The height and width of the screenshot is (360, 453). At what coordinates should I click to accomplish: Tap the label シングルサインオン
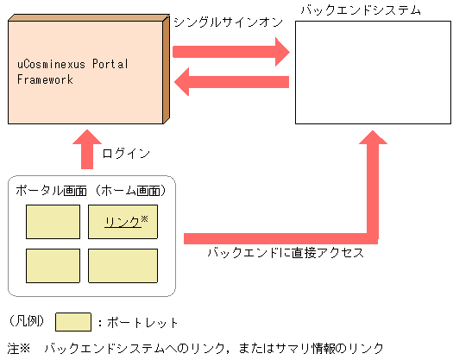click(x=228, y=22)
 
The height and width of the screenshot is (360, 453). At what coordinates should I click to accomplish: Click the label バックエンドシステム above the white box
click(x=360, y=9)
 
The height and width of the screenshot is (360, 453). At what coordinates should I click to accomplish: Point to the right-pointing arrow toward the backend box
click(x=231, y=54)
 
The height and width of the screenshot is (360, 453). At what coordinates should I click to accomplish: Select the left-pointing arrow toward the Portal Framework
click(x=231, y=83)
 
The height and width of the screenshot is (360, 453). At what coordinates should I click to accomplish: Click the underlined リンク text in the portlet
click(x=122, y=222)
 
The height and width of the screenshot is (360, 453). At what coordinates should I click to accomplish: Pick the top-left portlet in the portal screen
click(x=53, y=222)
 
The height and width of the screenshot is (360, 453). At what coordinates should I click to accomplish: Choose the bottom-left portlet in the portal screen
click(x=53, y=265)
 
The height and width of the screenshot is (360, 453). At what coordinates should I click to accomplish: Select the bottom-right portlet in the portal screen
click(x=123, y=265)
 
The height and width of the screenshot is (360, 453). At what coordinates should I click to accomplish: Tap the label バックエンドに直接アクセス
click(x=286, y=253)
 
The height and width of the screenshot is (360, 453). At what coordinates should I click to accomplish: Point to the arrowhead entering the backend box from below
click(x=373, y=142)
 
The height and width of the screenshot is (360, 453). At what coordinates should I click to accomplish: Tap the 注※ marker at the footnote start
click(x=17, y=348)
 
